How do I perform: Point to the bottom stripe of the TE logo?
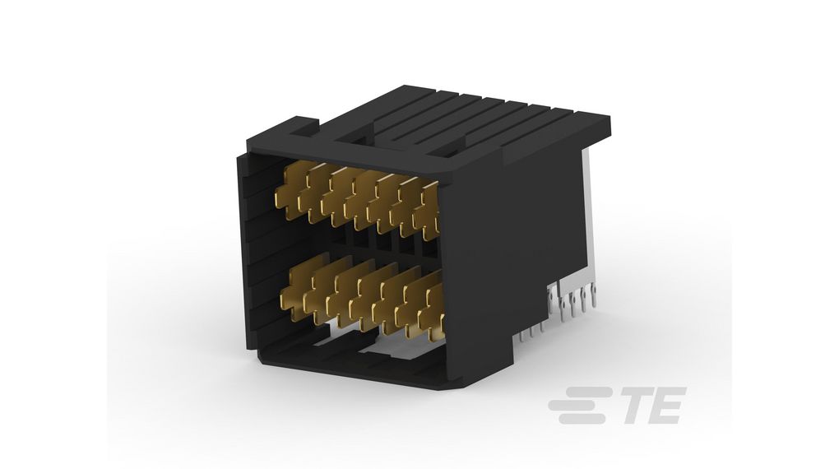(x=586, y=420)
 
